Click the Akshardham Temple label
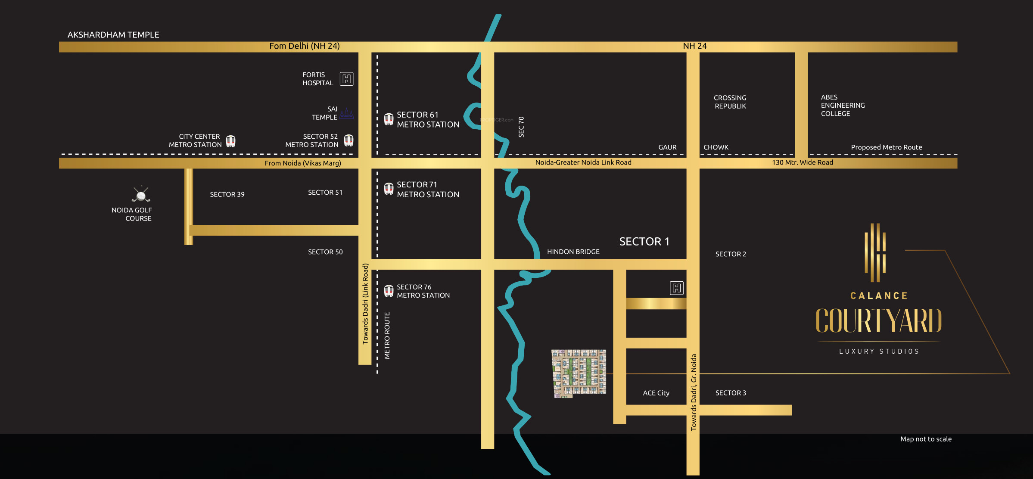[113, 35]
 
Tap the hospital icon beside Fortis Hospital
[346, 79]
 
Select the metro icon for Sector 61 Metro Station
[389, 119]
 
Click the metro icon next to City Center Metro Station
[231, 141]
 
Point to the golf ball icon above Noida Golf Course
[141, 195]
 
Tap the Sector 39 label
[227, 195]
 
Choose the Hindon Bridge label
[573, 252]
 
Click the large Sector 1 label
[644, 242]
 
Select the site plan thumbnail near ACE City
[579, 373]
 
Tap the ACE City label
[656, 393]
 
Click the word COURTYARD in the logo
[879, 321]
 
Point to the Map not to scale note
[926, 439]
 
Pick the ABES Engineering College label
[842, 106]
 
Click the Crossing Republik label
[730, 102]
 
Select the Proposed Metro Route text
[886, 147]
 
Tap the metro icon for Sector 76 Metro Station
[389, 291]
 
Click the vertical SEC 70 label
[521, 127]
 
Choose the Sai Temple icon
[347, 114]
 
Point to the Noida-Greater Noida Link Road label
[583, 163]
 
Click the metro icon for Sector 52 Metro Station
[348, 140]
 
